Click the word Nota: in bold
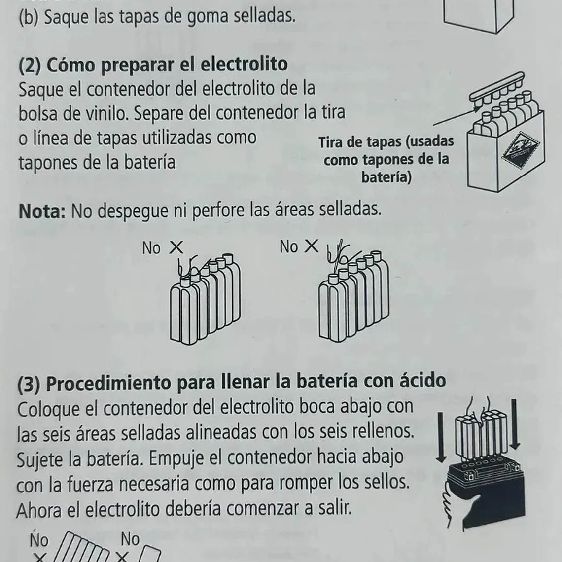point(42,211)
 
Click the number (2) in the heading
point(30,65)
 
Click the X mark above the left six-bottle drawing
point(176,247)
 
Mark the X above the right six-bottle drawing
point(312,246)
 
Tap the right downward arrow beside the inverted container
point(515,424)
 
